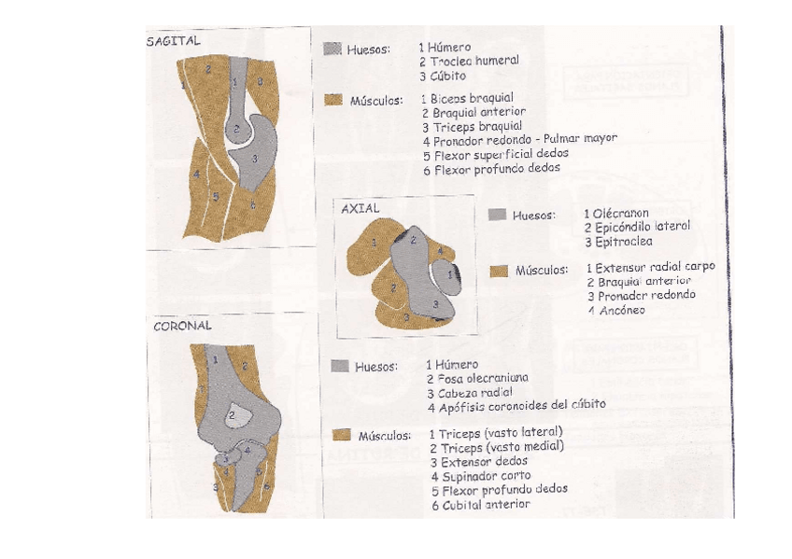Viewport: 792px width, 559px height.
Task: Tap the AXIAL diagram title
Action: (x=361, y=209)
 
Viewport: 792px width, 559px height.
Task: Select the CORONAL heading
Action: (x=182, y=327)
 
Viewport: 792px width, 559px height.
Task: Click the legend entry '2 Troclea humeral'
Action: (x=468, y=61)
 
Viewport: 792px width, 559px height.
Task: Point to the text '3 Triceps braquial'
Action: (x=471, y=126)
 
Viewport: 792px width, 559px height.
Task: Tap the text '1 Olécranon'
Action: (x=616, y=214)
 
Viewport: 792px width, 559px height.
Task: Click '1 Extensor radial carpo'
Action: (x=650, y=267)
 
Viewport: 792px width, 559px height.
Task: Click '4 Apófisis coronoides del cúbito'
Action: (x=516, y=406)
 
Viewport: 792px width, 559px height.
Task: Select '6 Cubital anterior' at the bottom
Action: (x=480, y=504)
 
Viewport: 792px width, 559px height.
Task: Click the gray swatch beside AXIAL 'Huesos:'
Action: (x=497, y=215)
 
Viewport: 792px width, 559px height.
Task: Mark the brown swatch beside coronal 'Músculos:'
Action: (x=341, y=434)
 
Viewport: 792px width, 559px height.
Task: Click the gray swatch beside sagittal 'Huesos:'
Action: (x=332, y=49)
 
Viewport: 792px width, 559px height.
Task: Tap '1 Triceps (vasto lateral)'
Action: (x=495, y=433)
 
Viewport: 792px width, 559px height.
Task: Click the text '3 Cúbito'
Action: (x=442, y=76)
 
